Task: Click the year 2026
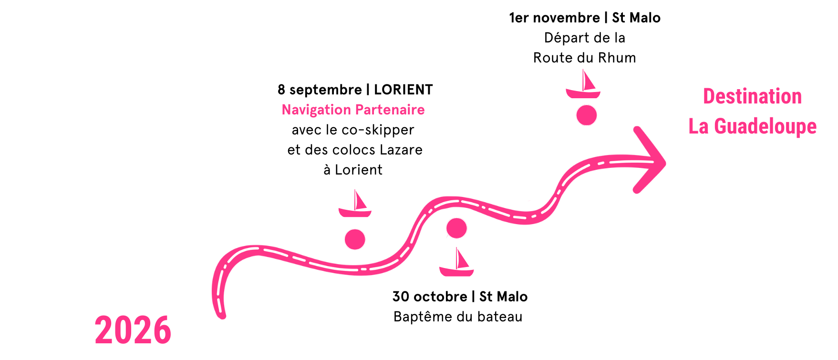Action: tap(133, 330)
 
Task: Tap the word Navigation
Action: tap(316, 110)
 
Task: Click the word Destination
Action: tap(752, 97)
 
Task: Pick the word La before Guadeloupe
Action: tap(698, 127)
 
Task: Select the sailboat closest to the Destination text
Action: tap(583, 84)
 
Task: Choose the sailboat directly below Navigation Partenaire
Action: tap(355, 204)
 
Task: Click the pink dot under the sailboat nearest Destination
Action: tap(586, 115)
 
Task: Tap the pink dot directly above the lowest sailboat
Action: tap(456, 228)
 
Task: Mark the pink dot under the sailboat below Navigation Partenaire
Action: tap(355, 239)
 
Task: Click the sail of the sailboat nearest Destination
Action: tap(587, 81)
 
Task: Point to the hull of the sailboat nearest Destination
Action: tap(583, 93)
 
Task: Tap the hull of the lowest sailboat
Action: tap(456, 272)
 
